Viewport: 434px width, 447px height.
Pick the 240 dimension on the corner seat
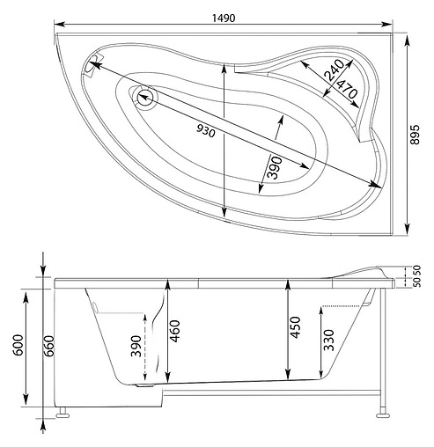pyautogui.click(x=334, y=71)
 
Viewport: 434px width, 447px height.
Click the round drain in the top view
pyautogui.click(x=144, y=98)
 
